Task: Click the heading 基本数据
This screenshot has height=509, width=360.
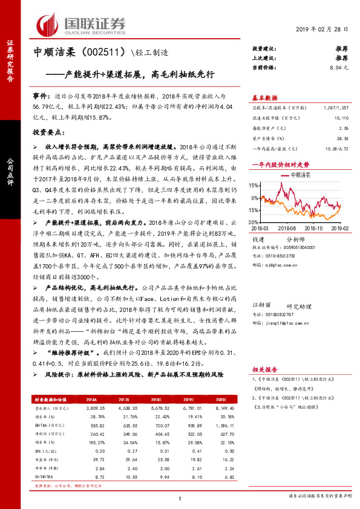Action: pos(264,97)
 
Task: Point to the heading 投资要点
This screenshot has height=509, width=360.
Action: pos(48,131)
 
